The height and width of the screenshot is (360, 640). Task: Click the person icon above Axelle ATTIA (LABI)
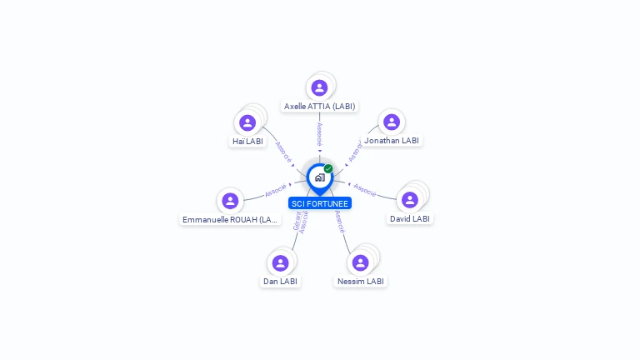click(x=319, y=87)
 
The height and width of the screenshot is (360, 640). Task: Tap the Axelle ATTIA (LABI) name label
click(x=319, y=107)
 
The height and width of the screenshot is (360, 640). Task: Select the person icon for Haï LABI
click(x=247, y=123)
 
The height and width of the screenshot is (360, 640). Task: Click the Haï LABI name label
click(x=247, y=142)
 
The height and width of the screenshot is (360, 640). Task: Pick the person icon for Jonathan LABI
click(x=392, y=122)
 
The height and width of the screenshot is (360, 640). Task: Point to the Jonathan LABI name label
click(x=392, y=141)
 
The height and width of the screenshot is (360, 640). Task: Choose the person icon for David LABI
click(x=409, y=200)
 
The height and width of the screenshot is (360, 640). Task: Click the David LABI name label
click(x=410, y=219)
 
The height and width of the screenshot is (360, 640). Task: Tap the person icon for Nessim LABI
click(x=360, y=262)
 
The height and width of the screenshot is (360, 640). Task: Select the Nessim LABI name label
click(x=361, y=282)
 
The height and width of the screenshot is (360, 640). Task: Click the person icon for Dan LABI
click(x=280, y=262)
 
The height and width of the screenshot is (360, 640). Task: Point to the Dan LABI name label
click(x=280, y=282)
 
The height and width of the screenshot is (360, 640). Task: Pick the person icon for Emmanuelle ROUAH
click(x=231, y=201)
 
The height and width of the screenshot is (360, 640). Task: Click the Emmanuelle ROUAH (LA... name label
click(x=231, y=220)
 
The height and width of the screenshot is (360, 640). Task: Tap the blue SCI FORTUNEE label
click(x=320, y=203)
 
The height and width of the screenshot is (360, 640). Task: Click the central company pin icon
click(x=319, y=177)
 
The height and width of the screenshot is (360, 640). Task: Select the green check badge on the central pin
click(x=328, y=169)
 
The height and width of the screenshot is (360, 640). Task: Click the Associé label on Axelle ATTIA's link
click(x=319, y=133)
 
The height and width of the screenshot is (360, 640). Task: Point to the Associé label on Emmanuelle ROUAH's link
click(x=276, y=191)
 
